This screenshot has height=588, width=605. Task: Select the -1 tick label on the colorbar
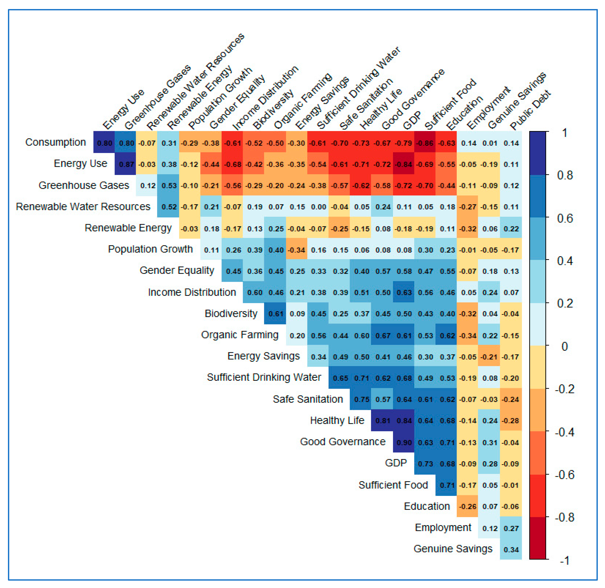(x=564, y=560)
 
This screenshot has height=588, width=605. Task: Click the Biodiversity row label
(x=231, y=313)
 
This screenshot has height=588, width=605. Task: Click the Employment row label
(x=443, y=527)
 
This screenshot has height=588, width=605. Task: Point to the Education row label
(x=427, y=506)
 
